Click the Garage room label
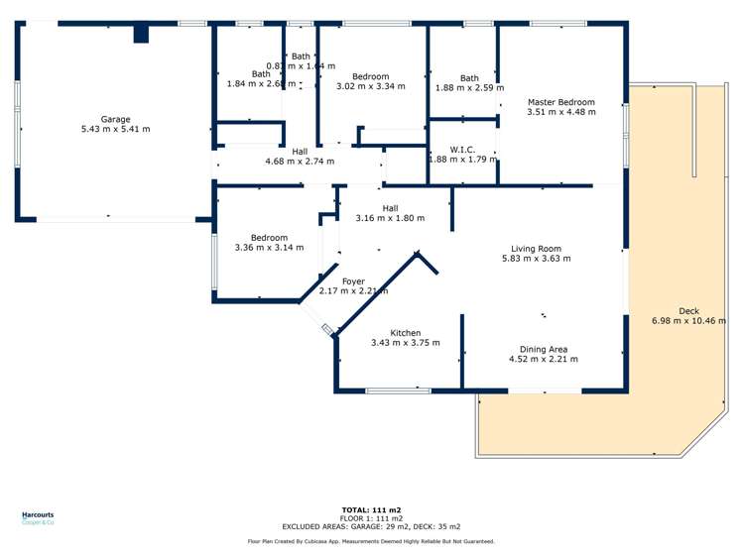[x=115, y=119]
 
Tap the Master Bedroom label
[x=561, y=102]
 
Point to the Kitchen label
[x=405, y=333]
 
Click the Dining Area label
[x=544, y=349]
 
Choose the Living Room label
[x=536, y=249]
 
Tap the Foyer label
[x=353, y=281]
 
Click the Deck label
[x=688, y=311]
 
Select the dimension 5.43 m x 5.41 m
[x=115, y=129]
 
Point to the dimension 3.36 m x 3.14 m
[x=269, y=248]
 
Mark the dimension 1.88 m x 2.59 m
[x=469, y=88]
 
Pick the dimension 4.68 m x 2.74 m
[x=300, y=161]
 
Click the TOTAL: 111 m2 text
[x=370, y=508]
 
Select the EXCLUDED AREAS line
[x=370, y=526]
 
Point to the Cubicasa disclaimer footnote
[x=370, y=541]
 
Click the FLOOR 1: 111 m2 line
[x=370, y=517]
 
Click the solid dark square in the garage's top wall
[x=141, y=34]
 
